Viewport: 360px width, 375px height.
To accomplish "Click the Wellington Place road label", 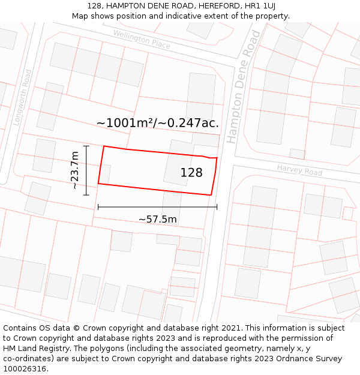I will tap(142, 40).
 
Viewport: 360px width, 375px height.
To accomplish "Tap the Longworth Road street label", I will tap(22, 97).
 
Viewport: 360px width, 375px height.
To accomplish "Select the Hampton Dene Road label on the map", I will tap(243, 87).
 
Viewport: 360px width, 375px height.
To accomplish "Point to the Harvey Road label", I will tap(299, 170).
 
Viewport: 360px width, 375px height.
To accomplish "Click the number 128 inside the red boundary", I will tap(191, 173).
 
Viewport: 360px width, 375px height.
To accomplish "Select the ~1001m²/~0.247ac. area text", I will tap(158, 123).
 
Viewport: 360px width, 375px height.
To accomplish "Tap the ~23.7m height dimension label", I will tap(74, 170).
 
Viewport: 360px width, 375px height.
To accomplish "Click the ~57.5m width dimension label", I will tap(157, 219).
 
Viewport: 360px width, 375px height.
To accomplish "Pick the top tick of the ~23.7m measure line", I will tap(86, 146).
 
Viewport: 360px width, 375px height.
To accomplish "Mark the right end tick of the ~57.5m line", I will tap(217, 207).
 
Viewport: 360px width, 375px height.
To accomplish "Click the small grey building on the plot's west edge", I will tap(104, 174).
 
